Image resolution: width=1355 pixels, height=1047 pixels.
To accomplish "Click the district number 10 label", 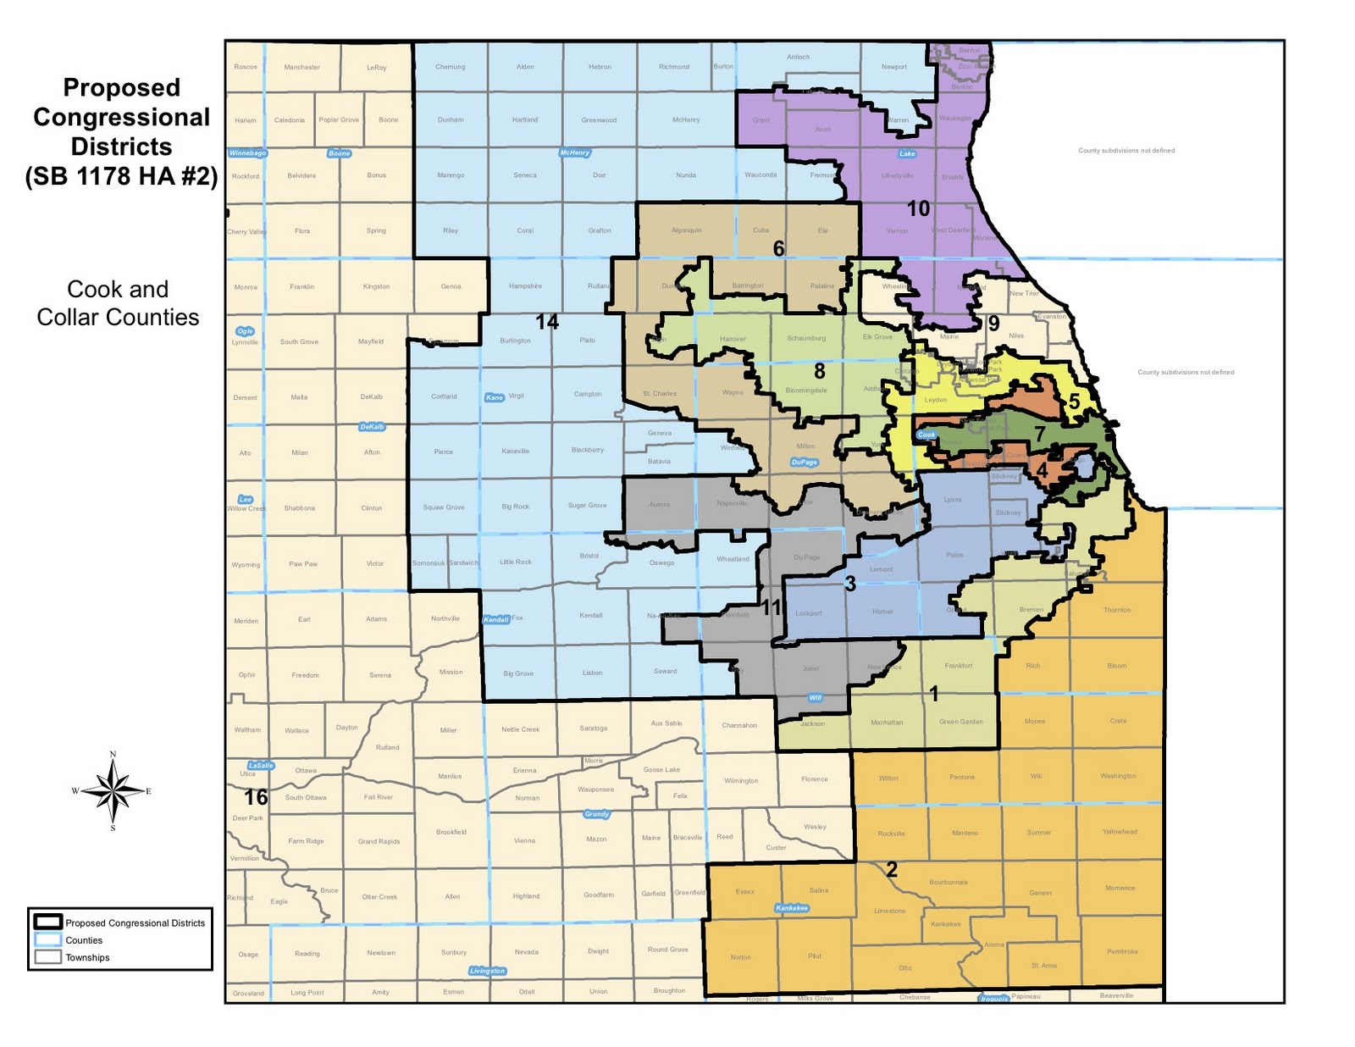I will [x=918, y=208].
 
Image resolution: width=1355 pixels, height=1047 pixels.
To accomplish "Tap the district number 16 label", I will [x=256, y=797].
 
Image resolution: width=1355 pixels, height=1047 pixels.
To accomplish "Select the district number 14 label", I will [x=547, y=322].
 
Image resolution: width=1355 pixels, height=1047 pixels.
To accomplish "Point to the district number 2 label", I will [x=891, y=869].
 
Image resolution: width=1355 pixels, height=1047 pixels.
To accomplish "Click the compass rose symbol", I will [x=113, y=791].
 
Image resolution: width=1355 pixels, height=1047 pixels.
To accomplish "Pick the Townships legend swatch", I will [x=47, y=957].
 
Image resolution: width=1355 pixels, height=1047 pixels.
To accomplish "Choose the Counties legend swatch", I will [x=47, y=940].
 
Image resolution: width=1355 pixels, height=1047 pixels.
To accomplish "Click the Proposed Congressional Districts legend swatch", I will [x=47, y=922].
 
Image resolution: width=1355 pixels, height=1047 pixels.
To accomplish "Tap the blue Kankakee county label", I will [x=792, y=908].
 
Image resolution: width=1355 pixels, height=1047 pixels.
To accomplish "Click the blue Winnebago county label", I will [x=247, y=153].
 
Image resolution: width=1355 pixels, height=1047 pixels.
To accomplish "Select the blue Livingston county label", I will [x=487, y=971].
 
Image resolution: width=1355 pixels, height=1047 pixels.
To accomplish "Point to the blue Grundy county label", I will [x=596, y=814].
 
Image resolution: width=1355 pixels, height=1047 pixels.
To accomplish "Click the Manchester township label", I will [x=302, y=67].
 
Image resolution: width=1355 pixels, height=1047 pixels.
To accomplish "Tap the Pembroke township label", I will [x=1122, y=951].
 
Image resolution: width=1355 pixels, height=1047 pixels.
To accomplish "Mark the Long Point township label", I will [x=307, y=993].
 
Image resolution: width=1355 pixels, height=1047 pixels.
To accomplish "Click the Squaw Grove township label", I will [x=444, y=507].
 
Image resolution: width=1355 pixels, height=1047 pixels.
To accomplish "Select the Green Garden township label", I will [x=961, y=722].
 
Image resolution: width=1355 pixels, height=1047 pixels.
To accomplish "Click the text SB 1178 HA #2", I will [x=121, y=176].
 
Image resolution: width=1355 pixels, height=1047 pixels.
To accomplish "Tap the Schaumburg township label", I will [x=806, y=338].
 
